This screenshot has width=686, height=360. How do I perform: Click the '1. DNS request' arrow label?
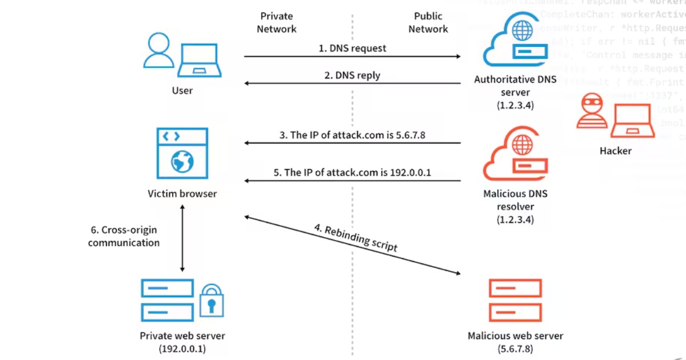352,48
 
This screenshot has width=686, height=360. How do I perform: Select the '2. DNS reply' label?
352,75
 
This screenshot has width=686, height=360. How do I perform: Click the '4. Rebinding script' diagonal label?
355,238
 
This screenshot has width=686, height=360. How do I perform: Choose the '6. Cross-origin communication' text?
123,237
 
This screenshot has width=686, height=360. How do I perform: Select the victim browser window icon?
182,153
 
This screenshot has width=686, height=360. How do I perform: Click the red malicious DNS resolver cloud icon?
514,157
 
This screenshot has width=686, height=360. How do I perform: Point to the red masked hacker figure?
592,113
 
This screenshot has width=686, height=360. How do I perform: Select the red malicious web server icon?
514,300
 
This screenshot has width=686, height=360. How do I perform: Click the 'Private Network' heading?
277,22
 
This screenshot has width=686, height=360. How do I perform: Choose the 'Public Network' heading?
428,22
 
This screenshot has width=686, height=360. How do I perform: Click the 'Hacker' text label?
615,151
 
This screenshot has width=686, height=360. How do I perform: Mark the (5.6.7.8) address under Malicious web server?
514,349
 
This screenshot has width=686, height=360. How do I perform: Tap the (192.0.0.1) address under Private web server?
182,349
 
